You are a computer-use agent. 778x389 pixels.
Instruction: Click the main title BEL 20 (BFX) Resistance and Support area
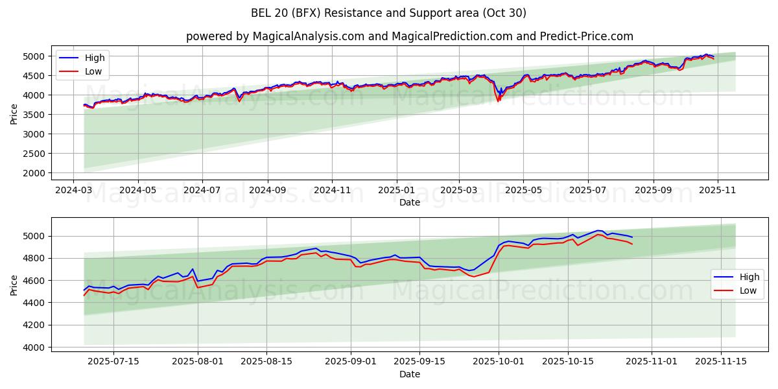click(x=388, y=13)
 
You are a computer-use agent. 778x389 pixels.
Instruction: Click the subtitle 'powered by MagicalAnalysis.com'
click(x=276, y=36)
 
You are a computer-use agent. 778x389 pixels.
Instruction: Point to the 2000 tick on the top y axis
click(x=35, y=173)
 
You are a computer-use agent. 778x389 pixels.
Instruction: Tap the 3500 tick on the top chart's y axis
click(x=35, y=115)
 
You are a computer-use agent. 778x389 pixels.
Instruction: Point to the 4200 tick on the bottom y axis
click(x=35, y=325)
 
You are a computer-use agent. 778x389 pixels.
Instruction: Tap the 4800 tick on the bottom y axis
click(x=35, y=258)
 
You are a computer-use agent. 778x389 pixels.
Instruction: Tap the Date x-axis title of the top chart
click(x=409, y=202)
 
